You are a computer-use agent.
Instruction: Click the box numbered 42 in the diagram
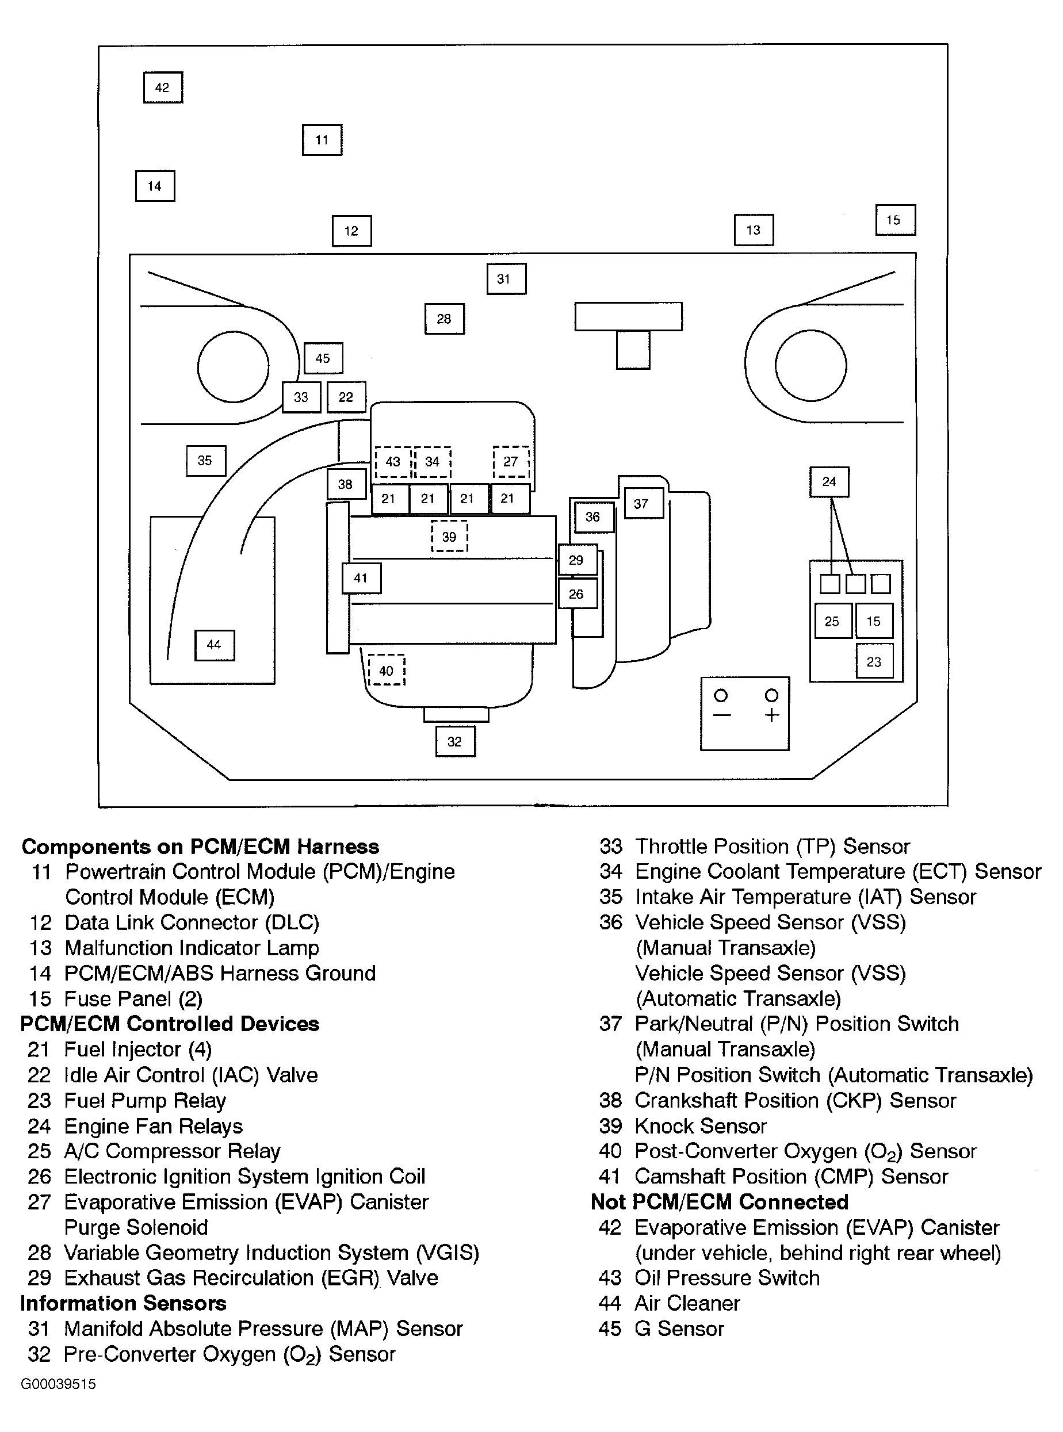[x=163, y=87]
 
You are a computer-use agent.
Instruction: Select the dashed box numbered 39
[x=449, y=537]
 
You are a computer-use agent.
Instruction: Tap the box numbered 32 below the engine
[x=455, y=741]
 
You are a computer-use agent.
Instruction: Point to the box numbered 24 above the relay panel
[x=829, y=481]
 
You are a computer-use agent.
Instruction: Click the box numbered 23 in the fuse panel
[x=874, y=661]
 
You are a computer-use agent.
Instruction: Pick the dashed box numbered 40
[x=386, y=671]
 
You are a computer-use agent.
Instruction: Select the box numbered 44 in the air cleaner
[x=215, y=645]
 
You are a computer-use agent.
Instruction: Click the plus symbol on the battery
[x=771, y=715]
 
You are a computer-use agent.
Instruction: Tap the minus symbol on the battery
[x=722, y=715]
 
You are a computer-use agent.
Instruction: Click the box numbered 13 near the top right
[x=754, y=229]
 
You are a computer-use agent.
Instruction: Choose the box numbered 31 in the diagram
[x=506, y=278]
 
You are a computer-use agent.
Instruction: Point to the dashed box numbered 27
[x=511, y=461]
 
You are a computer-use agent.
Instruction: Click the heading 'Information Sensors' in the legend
[x=124, y=1303]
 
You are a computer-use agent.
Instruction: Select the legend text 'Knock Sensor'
[x=700, y=1126]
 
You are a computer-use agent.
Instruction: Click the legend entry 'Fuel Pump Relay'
[x=145, y=1101]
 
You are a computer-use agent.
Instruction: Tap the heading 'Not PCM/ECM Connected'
[x=720, y=1202]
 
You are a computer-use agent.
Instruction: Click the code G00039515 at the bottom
[x=58, y=1384]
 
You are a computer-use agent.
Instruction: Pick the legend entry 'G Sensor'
[x=679, y=1328]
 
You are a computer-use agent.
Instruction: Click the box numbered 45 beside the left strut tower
[x=323, y=358]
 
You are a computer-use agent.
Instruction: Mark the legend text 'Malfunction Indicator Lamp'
[x=192, y=948]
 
